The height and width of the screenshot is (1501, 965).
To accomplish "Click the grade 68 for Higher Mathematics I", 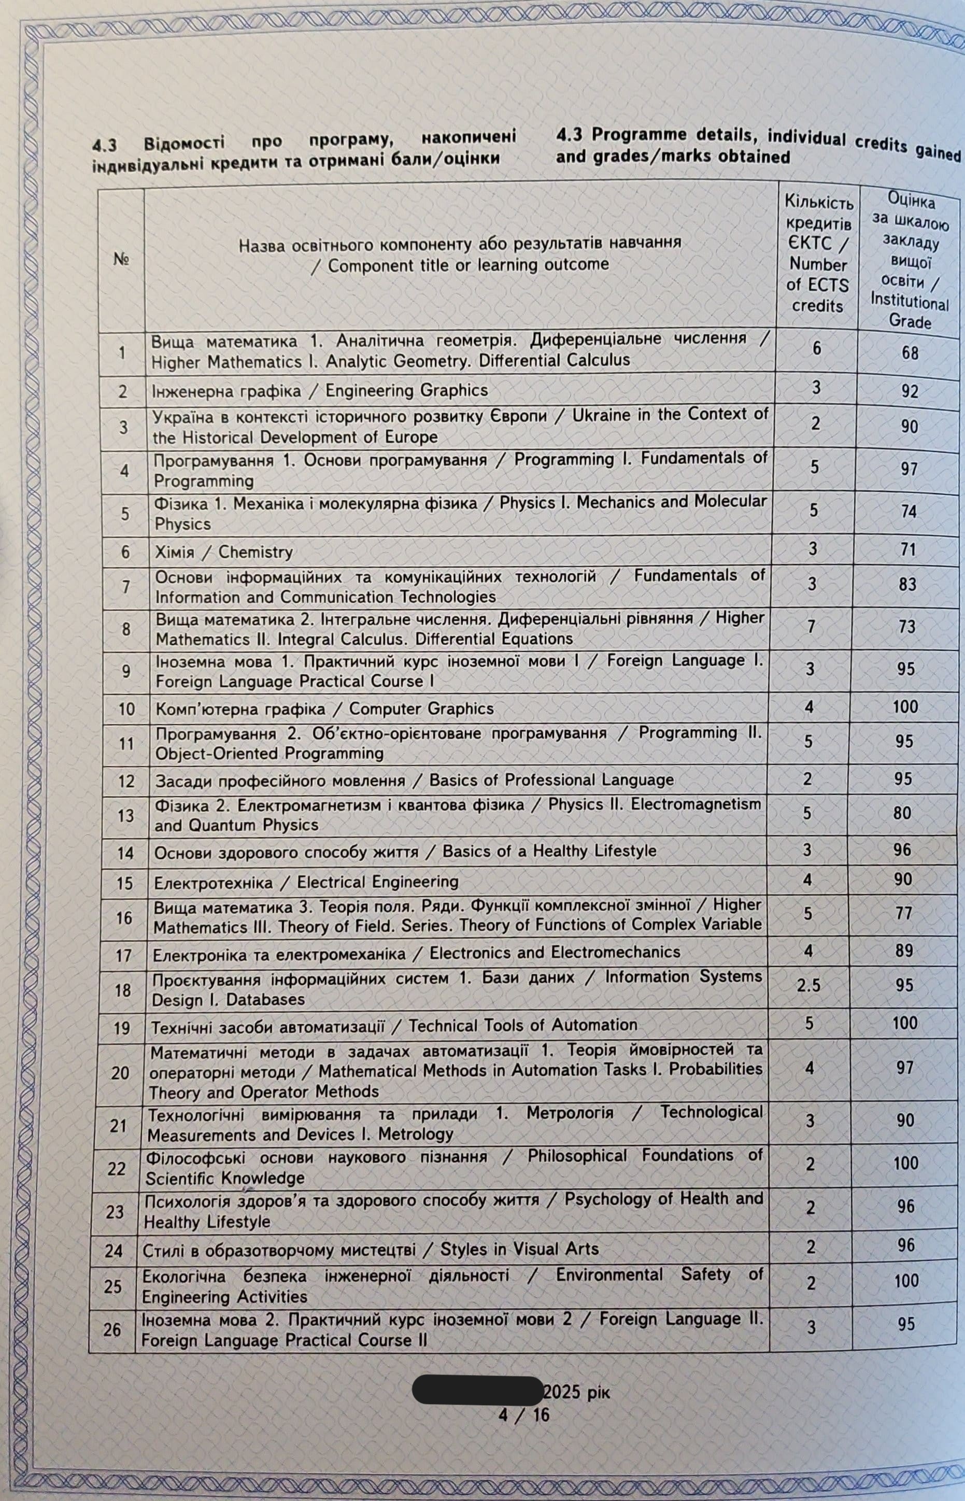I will coord(910,353).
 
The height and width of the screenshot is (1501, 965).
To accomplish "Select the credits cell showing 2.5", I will coord(808,985).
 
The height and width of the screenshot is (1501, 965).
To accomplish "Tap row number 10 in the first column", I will coord(126,709).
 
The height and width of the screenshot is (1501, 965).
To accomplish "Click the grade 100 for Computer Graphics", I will coord(905,706).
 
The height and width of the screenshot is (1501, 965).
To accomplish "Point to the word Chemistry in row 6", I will coord(256,552).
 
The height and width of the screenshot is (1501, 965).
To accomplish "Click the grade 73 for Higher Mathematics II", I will coord(907,626).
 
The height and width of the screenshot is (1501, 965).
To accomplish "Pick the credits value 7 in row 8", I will coord(811,626).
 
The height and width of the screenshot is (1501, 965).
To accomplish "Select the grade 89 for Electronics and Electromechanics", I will coord(904,951).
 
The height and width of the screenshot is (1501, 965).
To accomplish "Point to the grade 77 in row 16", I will coord(904,913).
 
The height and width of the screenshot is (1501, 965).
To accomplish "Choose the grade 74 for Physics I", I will coord(908,512).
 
